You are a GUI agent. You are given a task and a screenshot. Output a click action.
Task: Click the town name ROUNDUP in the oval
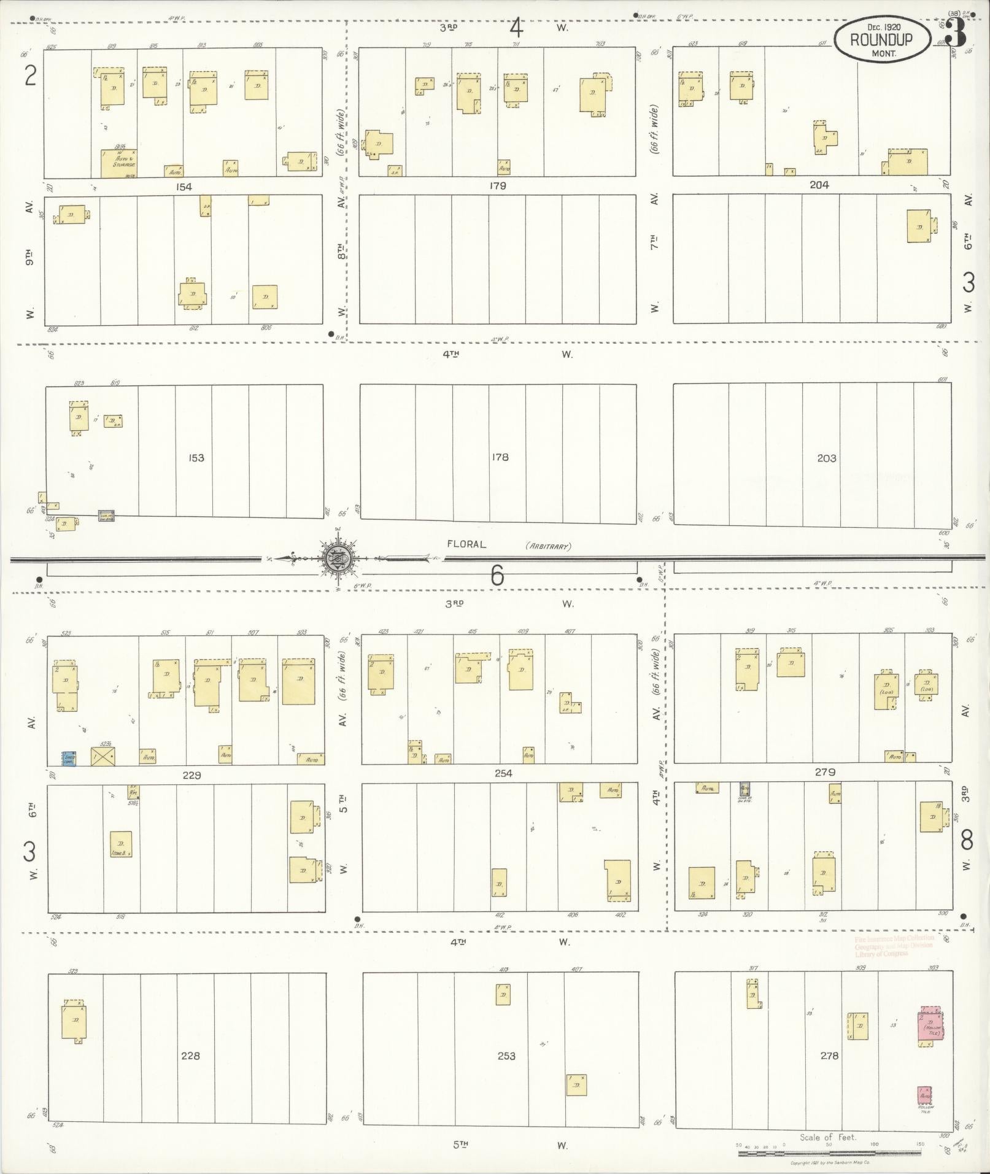(x=881, y=39)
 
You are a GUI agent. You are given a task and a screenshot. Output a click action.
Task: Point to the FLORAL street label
(x=466, y=544)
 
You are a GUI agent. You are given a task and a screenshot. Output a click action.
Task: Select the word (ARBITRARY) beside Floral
(x=548, y=546)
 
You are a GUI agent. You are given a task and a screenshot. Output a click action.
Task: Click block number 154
(x=184, y=187)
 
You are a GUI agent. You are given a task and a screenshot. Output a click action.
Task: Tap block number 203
(x=826, y=458)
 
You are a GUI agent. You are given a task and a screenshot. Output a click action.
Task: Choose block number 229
(x=191, y=775)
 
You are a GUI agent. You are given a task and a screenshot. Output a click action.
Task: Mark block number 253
(x=506, y=1056)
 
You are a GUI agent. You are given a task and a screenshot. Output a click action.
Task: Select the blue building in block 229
(x=69, y=758)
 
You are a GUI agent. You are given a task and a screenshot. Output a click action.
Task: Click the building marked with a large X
(x=103, y=757)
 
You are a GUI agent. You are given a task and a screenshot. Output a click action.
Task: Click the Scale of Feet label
(x=827, y=1137)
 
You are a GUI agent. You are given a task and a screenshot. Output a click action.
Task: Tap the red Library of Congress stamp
(x=894, y=946)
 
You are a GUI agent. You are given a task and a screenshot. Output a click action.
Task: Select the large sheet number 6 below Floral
(x=497, y=576)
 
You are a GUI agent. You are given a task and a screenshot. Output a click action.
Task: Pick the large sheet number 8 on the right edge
(x=966, y=840)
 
